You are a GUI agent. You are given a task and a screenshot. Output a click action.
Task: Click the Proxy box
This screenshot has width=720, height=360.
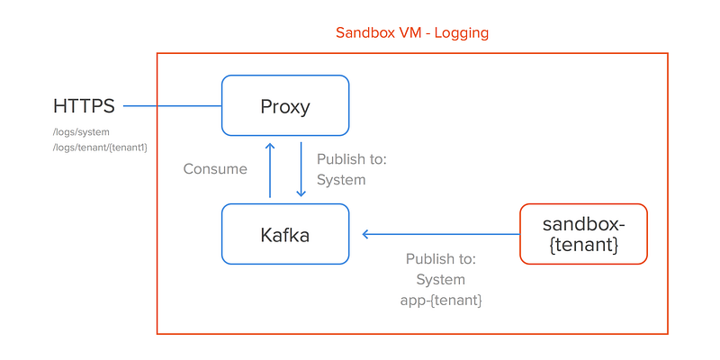[x=285, y=105]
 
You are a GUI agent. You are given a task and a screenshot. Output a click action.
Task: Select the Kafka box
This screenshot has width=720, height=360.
[x=285, y=234]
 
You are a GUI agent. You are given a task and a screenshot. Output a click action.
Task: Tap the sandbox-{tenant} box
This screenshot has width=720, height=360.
[x=583, y=234]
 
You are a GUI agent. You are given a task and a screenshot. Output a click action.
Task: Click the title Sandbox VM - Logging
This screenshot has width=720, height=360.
[x=412, y=33]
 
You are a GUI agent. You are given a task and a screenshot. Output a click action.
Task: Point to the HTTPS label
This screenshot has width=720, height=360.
[x=84, y=106]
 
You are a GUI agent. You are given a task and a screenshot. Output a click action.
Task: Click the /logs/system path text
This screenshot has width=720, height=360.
[x=81, y=132]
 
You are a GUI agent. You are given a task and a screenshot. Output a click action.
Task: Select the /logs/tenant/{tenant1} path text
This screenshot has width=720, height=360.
[x=100, y=148]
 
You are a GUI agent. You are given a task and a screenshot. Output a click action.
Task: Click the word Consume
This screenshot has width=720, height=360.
[x=215, y=169]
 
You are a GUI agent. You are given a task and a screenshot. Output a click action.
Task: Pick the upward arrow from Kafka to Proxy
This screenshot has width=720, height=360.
[x=270, y=170]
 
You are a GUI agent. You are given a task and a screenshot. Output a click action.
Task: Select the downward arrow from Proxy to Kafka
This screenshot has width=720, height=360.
[x=301, y=169]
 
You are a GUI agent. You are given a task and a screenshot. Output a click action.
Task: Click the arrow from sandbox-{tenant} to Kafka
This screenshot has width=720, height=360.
[x=441, y=234]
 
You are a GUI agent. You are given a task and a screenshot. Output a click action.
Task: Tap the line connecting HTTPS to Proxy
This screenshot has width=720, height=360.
[x=173, y=106]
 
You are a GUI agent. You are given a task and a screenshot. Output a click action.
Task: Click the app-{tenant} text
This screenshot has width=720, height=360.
[x=441, y=301]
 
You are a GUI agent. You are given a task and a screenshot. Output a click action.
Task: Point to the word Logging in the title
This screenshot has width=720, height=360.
[x=462, y=33]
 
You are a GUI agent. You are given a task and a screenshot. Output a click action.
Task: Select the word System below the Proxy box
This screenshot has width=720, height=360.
[x=341, y=179]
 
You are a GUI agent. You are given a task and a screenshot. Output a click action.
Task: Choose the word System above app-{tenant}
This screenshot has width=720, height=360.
[x=441, y=279]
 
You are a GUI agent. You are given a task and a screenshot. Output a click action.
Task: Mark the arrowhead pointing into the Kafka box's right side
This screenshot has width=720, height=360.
[x=365, y=234]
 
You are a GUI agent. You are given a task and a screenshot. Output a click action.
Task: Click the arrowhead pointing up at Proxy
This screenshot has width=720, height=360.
[x=270, y=146]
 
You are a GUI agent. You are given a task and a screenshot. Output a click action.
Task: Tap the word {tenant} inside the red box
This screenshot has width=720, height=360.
[x=583, y=244]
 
